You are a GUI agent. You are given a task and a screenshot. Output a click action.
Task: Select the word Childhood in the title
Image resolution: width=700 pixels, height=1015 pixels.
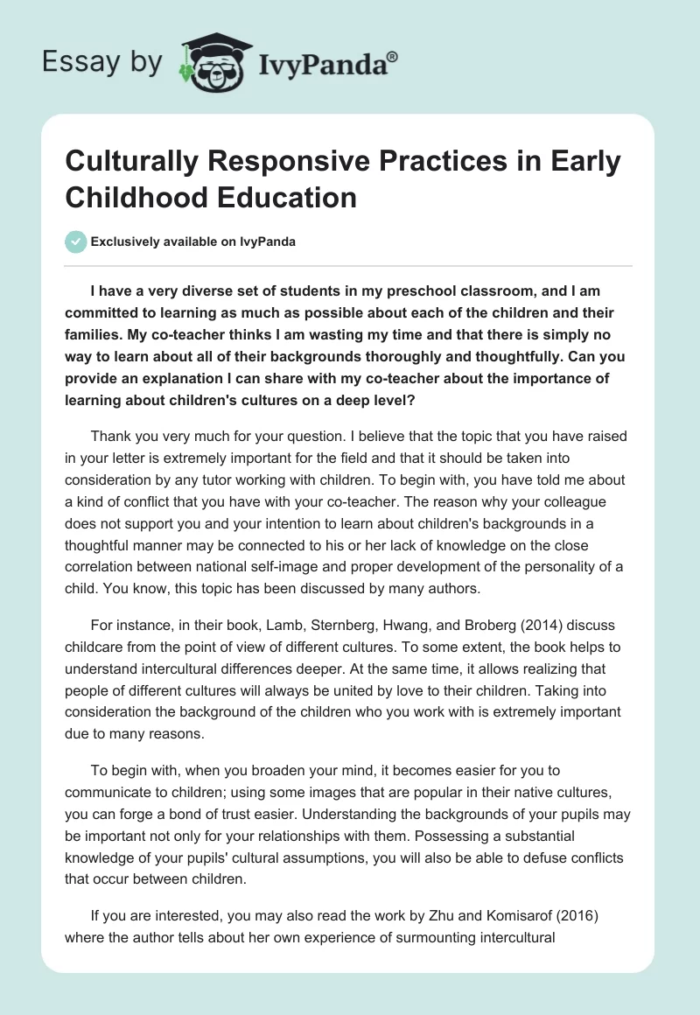point(135,197)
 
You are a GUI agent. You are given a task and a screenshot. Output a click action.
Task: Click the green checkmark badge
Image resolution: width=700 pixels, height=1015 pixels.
point(76,241)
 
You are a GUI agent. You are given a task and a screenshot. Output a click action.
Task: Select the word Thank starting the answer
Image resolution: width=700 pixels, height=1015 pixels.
point(111,436)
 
